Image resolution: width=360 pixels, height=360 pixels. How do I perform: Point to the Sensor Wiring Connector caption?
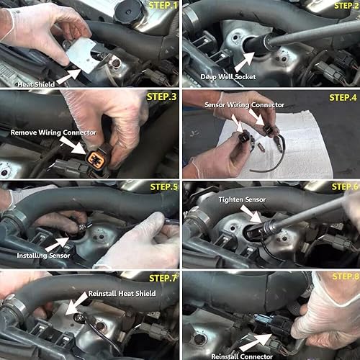coord(245,105)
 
